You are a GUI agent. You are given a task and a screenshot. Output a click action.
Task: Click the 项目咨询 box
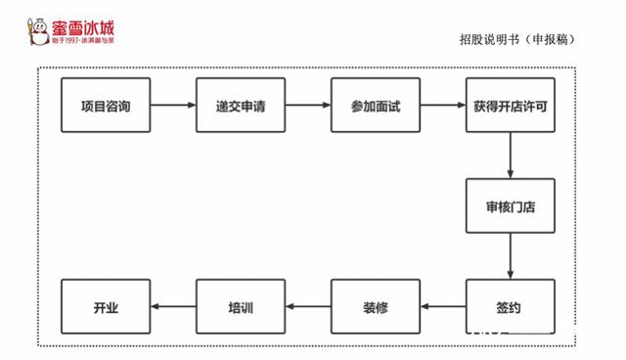pos(106,105)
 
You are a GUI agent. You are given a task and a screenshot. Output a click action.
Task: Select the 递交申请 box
pos(241,105)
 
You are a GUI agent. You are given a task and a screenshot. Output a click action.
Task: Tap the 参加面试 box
pos(376,105)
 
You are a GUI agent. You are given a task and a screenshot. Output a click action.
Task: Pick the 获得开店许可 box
pos(510,105)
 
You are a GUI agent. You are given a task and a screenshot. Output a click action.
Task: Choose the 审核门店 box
pos(510,206)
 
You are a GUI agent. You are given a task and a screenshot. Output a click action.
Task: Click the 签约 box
pos(510,308)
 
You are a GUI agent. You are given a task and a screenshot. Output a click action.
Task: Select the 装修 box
pos(376,308)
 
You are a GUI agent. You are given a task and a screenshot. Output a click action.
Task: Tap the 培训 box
pos(241,308)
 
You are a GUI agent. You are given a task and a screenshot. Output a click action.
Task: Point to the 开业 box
pos(106,308)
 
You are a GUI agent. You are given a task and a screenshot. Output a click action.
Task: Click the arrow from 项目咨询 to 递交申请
pos(173,105)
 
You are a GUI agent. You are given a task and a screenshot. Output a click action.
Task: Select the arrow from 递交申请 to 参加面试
pos(308,105)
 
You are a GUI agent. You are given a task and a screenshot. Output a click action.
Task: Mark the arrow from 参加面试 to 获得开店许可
pos(443,105)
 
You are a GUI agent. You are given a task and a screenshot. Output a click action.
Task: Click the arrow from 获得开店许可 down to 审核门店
pos(510,156)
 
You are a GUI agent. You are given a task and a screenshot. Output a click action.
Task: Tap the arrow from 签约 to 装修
pos(443,308)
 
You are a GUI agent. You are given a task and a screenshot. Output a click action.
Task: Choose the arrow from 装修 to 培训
pos(308,308)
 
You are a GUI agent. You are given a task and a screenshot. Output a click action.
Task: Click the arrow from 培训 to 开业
pos(173,308)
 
